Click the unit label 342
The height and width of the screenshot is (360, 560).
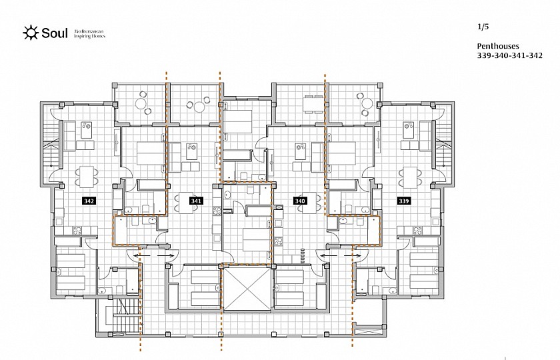coord(89,201)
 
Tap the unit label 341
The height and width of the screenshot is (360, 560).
coord(196,201)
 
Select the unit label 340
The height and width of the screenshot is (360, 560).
coord(300,201)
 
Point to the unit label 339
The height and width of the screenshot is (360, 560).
coord(403,201)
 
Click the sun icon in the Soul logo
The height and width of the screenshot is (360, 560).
coord(31,33)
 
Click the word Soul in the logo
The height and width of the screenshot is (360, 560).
coord(54,33)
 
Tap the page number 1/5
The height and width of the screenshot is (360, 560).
coord(483,27)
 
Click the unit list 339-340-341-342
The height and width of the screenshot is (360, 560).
coord(509,55)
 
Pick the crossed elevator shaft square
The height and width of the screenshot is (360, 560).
coord(247,288)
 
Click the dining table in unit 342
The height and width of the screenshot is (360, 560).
coord(87,177)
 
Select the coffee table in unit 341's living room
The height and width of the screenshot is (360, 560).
coord(192,151)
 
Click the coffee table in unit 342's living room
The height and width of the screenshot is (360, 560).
coord(87,130)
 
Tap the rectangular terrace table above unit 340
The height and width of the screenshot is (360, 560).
coord(309,104)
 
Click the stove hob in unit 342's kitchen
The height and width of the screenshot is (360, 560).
coord(77,231)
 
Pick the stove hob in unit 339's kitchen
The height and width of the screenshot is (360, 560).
coord(417,231)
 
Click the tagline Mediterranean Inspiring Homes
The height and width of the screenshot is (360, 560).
coord(89,34)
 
